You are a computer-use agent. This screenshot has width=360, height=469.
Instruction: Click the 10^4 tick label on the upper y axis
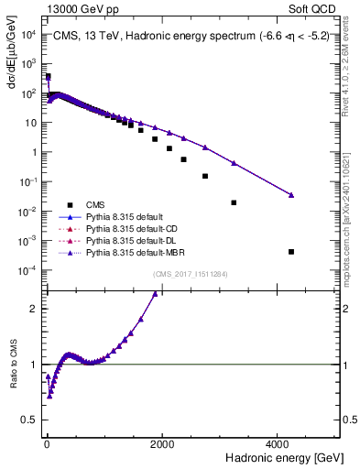point(28,34)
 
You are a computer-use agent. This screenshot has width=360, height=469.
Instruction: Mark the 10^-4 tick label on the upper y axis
point(28,270)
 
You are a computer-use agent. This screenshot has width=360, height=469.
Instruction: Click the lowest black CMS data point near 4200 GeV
point(291,251)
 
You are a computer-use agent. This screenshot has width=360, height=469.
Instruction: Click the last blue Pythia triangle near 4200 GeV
point(291,194)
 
